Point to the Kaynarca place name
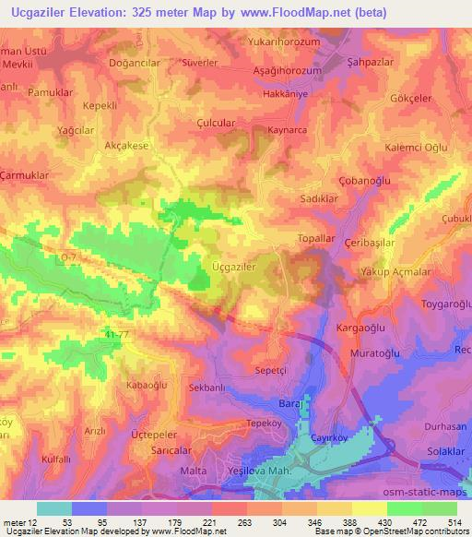[x=287, y=131]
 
